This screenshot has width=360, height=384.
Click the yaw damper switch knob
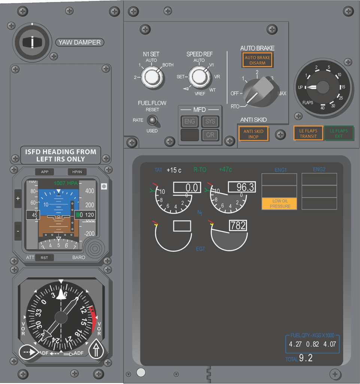[x=33, y=42]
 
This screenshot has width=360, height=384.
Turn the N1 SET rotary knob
[x=152, y=78]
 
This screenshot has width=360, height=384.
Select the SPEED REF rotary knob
[x=199, y=77]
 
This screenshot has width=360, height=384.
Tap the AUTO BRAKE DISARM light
[x=257, y=60]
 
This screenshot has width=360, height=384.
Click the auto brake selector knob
[x=258, y=91]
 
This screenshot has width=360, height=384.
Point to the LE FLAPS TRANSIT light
[x=308, y=133]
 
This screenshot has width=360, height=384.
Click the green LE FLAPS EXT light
[x=339, y=133]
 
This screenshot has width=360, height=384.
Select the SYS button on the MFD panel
[x=210, y=121]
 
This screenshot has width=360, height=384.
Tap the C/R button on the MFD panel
[x=210, y=135]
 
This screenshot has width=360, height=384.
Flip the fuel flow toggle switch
[x=152, y=120]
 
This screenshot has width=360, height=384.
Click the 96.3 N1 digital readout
[x=242, y=187]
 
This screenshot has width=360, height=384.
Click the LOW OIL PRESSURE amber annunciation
[x=279, y=204]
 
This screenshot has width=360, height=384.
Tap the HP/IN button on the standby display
[x=77, y=172]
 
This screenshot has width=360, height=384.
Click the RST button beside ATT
[x=44, y=258]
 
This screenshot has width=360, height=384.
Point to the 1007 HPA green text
[x=66, y=183]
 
